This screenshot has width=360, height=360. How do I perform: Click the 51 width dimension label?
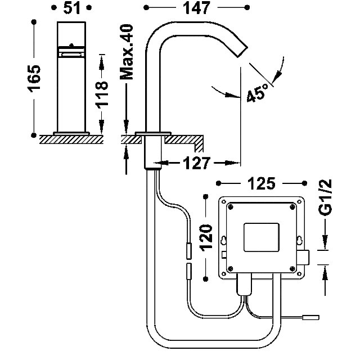tap(71, 8)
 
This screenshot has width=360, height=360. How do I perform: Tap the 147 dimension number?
tap(196, 8)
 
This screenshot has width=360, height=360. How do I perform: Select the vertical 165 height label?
tap(34, 79)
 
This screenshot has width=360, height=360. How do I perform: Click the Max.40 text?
tap(127, 52)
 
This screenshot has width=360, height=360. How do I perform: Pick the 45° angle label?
tap(258, 92)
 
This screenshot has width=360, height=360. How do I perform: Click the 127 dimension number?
tap(196, 163)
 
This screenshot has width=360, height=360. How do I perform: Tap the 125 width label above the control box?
tap(261, 183)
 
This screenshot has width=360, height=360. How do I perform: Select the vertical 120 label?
tap(206, 238)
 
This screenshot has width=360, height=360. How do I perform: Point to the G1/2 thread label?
tap(326, 197)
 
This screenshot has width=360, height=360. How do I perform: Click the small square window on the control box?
tap(262, 237)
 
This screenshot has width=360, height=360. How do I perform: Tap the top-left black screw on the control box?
tap(231, 207)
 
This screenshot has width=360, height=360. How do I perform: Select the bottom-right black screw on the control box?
tap(292, 268)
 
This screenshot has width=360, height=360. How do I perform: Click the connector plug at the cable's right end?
tap(311, 317)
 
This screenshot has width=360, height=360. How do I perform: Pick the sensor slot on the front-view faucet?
tap(71, 55)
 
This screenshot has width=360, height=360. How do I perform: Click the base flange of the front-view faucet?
tap(71, 134)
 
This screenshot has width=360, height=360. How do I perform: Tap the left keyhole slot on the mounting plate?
tap(223, 240)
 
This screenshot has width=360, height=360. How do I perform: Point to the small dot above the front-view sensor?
tap(71, 45)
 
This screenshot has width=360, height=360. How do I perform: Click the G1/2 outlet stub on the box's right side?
tap(305, 257)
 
